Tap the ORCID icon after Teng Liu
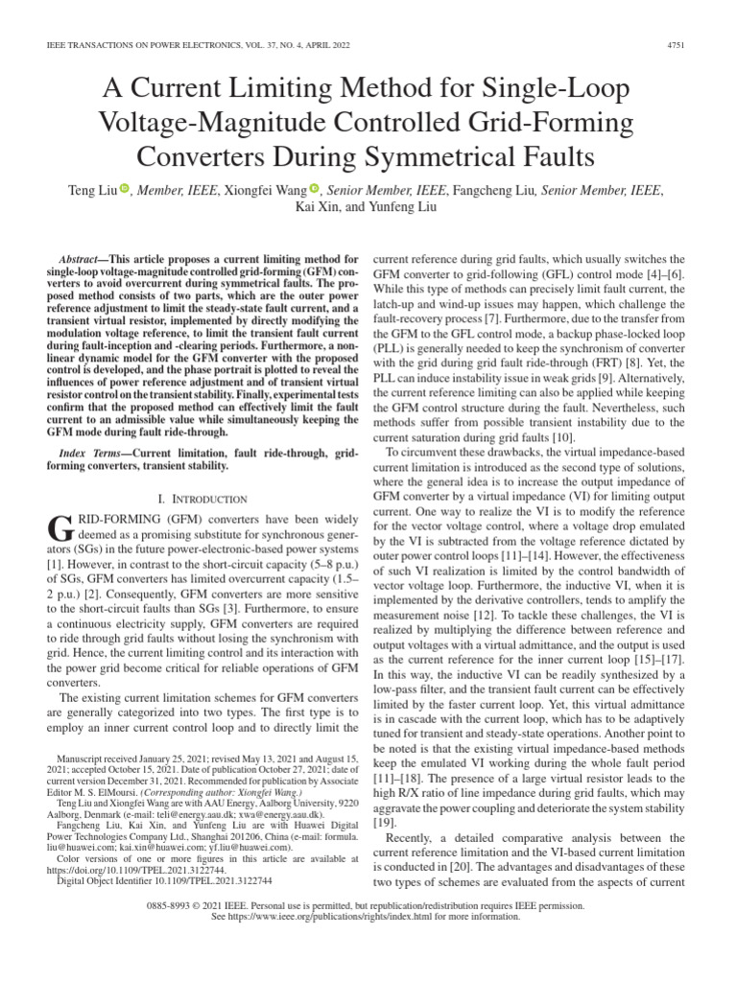pyautogui.click(x=125, y=190)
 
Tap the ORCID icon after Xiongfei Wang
pyautogui.click(x=314, y=190)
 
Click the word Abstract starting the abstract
pyautogui.click(x=83, y=260)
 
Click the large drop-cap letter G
pyautogui.click(x=59, y=526)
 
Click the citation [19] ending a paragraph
pyautogui.click(x=382, y=822)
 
